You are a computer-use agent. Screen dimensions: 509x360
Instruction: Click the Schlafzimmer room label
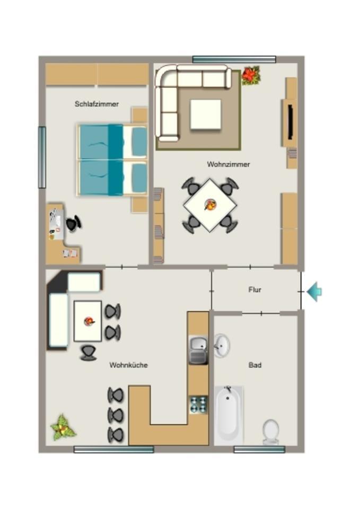tap(96, 104)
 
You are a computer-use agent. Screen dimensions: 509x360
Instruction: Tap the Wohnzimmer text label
tap(228, 164)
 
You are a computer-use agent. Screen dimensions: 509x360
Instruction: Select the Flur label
tap(254, 290)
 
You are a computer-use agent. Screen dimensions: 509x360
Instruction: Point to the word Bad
tap(254, 365)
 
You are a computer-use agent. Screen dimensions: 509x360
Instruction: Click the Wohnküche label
tap(128, 365)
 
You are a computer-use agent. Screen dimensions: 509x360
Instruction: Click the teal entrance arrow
tap(314, 291)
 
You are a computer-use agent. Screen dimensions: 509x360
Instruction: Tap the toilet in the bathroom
tap(270, 431)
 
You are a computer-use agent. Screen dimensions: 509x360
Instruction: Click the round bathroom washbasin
tap(222, 346)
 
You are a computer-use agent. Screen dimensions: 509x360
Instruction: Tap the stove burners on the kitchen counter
tap(199, 405)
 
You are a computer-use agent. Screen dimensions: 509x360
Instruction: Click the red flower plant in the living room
tap(251, 75)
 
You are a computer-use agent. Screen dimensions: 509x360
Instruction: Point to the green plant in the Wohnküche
tap(63, 427)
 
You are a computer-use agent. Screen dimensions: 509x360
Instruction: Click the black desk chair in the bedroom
tap(73, 224)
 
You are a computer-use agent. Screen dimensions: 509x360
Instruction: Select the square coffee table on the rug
tap(205, 114)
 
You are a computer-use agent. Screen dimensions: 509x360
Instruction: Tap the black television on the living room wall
tap(291, 122)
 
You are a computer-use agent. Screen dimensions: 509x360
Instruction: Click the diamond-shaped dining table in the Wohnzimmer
tap(210, 205)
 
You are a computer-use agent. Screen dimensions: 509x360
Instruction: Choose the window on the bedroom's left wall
tap(42, 157)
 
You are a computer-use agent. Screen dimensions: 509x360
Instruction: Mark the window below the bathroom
tap(259, 450)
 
